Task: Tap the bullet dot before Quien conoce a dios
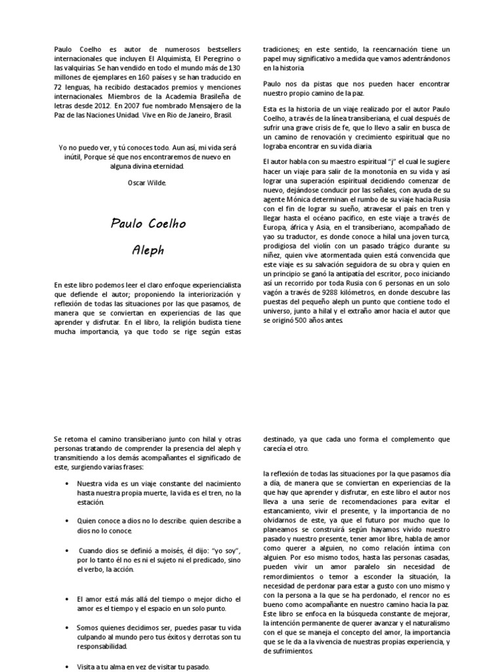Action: [69, 520]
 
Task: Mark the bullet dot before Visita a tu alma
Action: [69, 666]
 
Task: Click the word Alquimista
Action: [152, 58]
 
